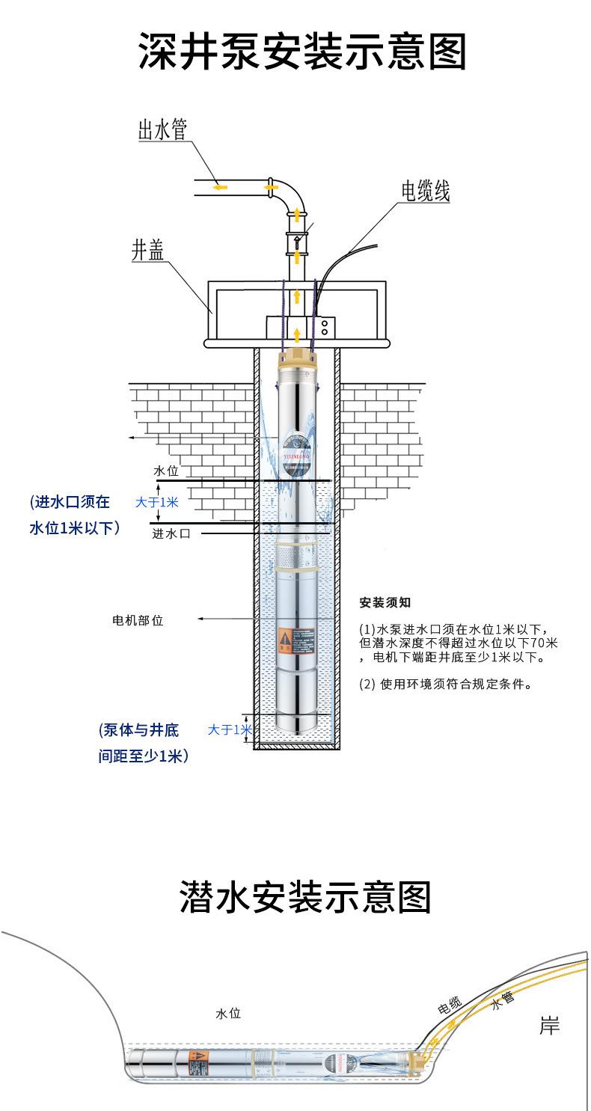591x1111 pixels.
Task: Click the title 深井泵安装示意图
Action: tap(302, 52)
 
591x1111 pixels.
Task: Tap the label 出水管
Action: tap(162, 130)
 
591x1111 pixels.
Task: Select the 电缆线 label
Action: tap(425, 192)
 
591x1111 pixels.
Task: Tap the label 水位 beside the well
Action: tap(166, 471)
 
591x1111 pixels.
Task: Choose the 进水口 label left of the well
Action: tap(171, 533)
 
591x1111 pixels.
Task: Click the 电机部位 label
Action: tap(137, 620)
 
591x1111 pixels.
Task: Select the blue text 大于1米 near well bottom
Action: tap(230, 729)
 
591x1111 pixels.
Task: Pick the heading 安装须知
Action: tap(385, 603)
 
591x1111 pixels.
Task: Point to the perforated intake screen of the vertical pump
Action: tap(297, 556)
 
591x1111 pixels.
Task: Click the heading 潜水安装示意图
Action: tap(305, 896)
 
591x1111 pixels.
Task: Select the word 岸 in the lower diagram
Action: tap(549, 1026)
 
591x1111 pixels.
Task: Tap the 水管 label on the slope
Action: tap(503, 1001)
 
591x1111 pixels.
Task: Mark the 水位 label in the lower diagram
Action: tap(228, 1014)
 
